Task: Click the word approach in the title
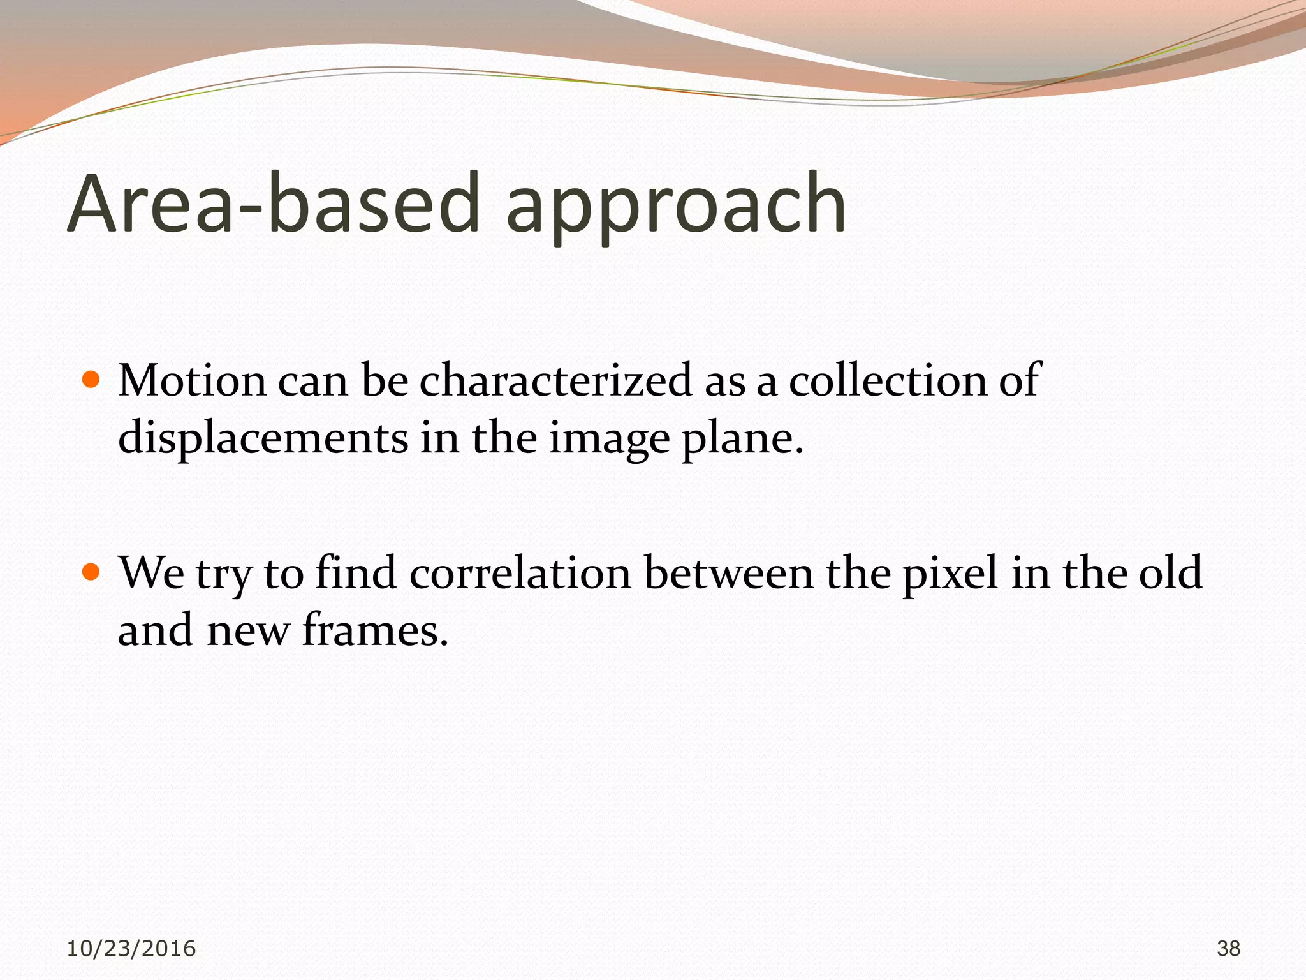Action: (676, 207)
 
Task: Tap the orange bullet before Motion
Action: (92, 381)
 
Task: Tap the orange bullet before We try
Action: (92, 572)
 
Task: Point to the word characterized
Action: (555, 381)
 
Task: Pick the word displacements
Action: (263, 439)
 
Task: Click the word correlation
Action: (520, 572)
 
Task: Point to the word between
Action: (729, 572)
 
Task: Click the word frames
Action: (375, 630)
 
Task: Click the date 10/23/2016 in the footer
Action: (131, 949)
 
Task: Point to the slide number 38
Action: (1228, 949)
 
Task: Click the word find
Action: (356, 572)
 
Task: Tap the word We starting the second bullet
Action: (152, 572)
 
